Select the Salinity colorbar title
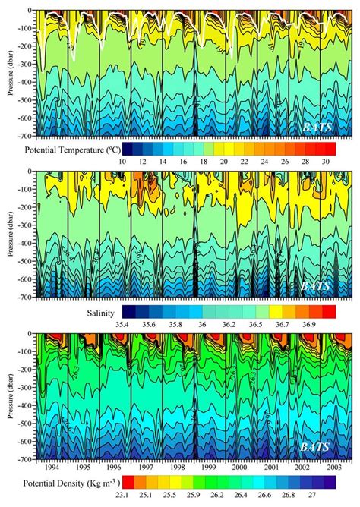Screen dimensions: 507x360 click(104, 312)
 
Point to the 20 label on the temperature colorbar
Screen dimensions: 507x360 click(227, 161)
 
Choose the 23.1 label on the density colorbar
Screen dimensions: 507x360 click(134, 500)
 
